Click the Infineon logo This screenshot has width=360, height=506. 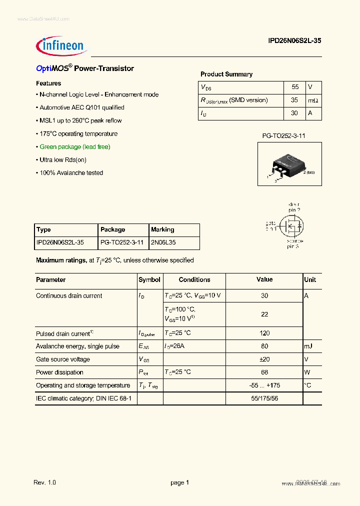[x=61, y=46]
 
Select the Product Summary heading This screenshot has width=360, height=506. [x=226, y=74]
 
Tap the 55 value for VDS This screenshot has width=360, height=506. [x=294, y=87]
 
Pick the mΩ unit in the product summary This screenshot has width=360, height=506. [x=313, y=100]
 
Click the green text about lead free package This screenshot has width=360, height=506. [x=75, y=146]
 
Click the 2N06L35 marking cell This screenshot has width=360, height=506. [x=163, y=242]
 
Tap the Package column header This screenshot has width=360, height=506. [x=113, y=229]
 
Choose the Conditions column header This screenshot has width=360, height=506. [x=194, y=279]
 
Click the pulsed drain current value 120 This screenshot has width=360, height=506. [x=264, y=333]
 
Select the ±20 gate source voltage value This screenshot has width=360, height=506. [x=264, y=359]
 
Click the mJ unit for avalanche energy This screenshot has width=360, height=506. [x=308, y=346]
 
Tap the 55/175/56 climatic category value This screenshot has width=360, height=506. [x=264, y=398]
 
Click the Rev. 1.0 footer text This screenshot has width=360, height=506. [x=45, y=482]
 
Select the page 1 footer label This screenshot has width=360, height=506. [x=179, y=482]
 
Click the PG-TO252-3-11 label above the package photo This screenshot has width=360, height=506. [x=284, y=135]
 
